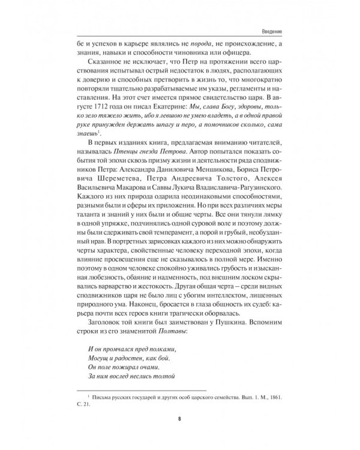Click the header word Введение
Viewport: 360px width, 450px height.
(x=271, y=32)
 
